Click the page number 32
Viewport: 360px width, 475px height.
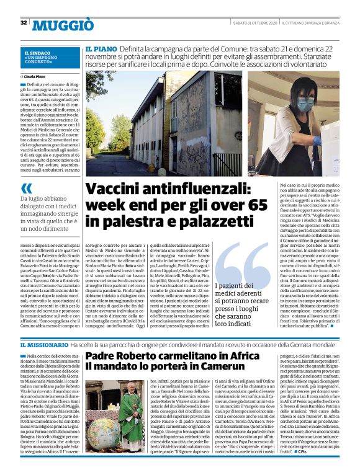pyautogui.click(x=23, y=23)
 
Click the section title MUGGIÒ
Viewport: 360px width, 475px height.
pyautogui.click(x=63, y=25)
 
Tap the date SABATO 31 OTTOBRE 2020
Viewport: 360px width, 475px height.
pyautogui.click(x=254, y=23)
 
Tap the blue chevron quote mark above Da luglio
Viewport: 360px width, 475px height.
pyautogui.click(x=26, y=187)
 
